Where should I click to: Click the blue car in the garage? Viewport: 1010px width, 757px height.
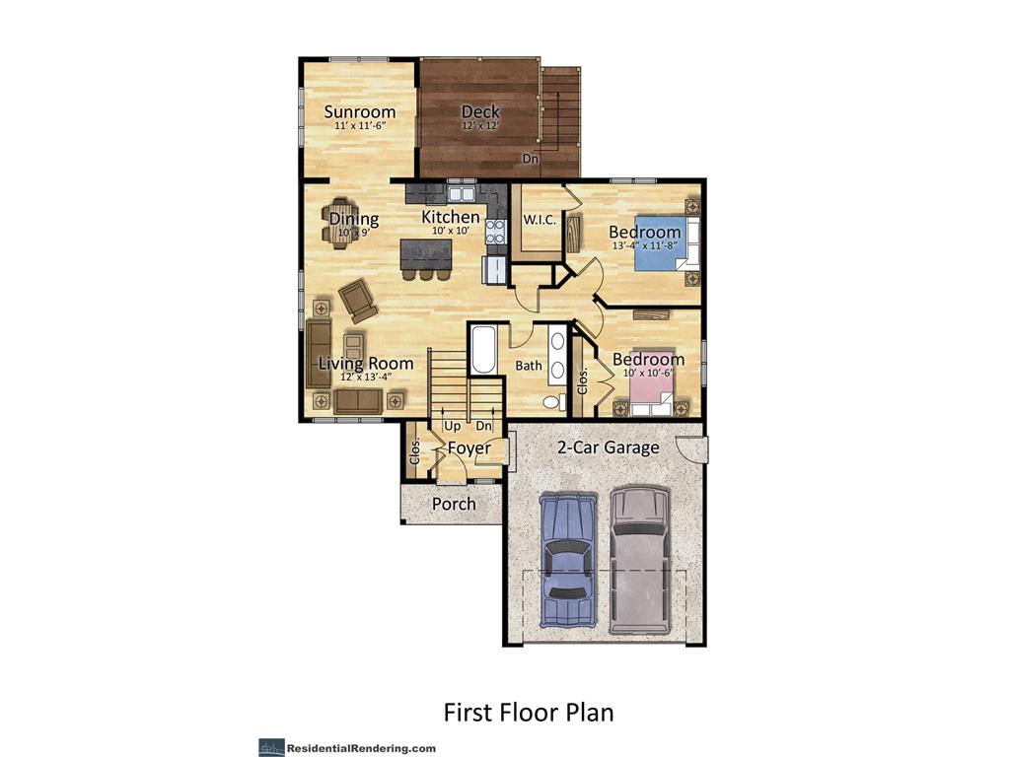click(567, 559)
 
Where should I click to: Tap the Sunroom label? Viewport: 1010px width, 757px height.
click(360, 111)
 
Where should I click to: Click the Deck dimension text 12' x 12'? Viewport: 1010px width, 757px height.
click(480, 126)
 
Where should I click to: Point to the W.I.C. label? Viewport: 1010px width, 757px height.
click(540, 220)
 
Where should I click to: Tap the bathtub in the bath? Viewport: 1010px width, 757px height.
click(483, 350)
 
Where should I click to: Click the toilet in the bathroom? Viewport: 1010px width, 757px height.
click(554, 401)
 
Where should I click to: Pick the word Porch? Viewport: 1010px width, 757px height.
click(454, 504)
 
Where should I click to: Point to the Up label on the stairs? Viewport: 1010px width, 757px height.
click(453, 426)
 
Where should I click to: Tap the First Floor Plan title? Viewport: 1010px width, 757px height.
click(528, 711)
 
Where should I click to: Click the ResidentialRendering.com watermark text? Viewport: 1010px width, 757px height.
click(361, 748)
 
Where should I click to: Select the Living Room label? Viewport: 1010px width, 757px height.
click(365, 364)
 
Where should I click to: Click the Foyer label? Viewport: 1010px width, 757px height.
click(469, 448)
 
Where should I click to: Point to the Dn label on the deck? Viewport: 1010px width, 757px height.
click(531, 158)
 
